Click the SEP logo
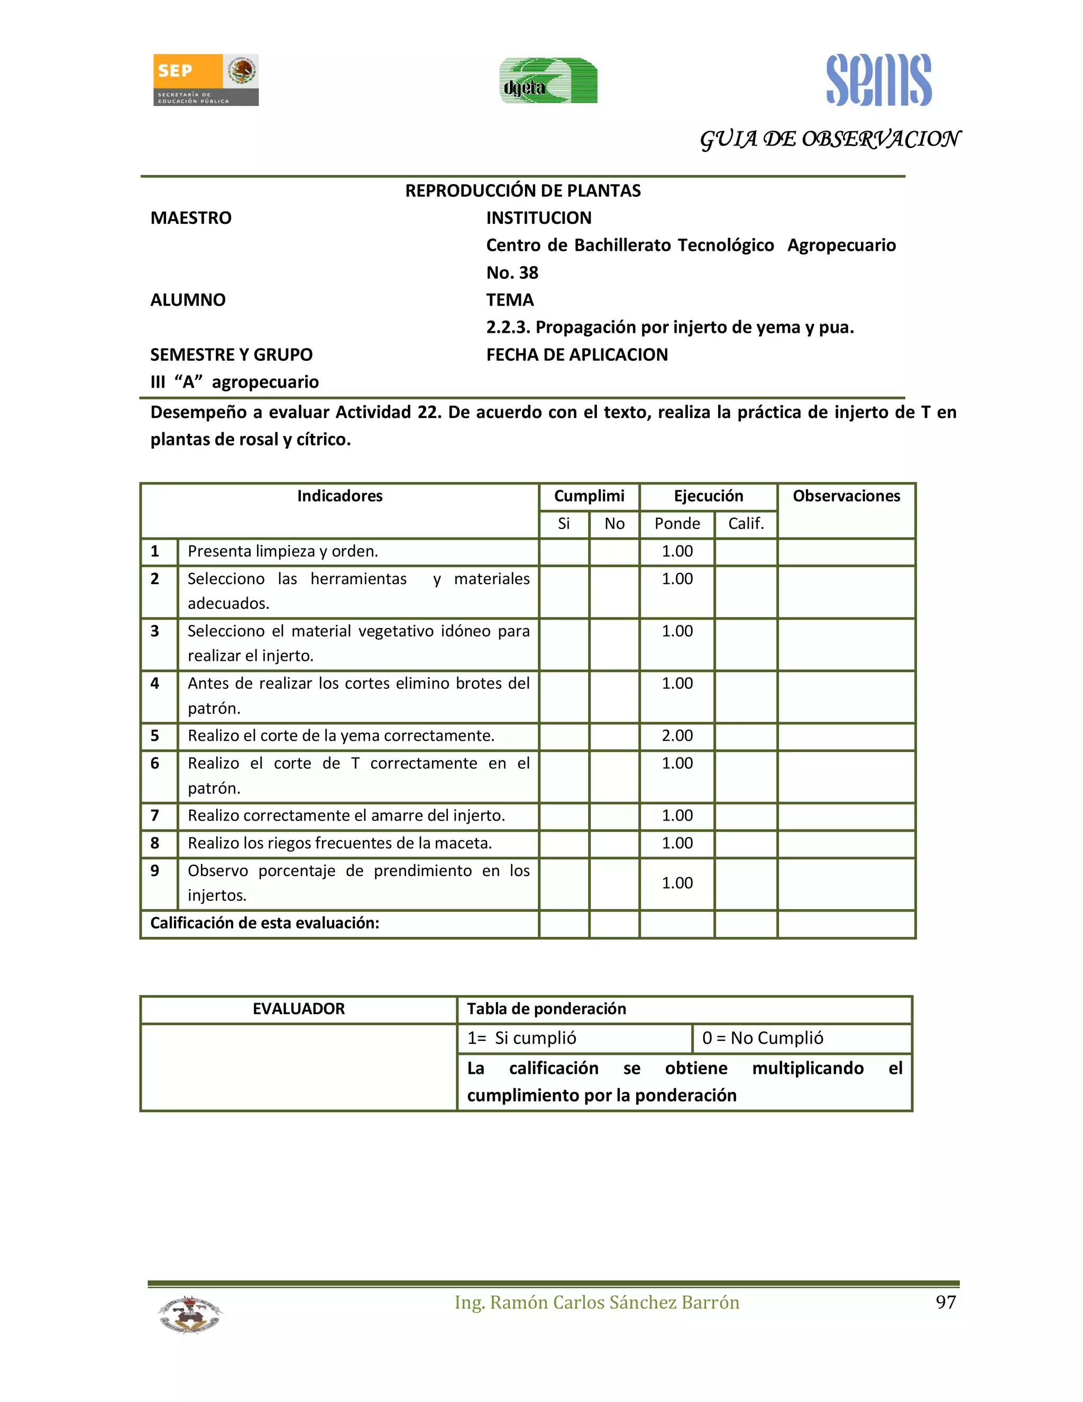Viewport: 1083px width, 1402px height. coord(205,79)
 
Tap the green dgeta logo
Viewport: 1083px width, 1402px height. coord(548,81)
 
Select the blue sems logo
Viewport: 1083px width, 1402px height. coord(878,80)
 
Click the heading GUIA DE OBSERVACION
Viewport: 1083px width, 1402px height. coord(829,139)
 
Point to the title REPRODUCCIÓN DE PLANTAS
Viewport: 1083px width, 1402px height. coord(522,190)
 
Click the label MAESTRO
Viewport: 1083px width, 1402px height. coord(190,219)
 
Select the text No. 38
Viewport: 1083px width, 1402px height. coord(512,273)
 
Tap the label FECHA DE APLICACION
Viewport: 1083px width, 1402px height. coord(577,355)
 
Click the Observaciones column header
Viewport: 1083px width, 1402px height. coord(846,496)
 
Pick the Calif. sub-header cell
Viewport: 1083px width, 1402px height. coord(746,524)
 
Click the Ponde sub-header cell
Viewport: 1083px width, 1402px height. coord(677,524)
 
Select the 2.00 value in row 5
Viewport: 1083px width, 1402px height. coord(677,736)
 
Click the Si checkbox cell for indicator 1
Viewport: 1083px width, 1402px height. coord(563,551)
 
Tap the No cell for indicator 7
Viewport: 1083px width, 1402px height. coord(614,816)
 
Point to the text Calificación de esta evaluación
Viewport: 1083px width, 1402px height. coord(264,923)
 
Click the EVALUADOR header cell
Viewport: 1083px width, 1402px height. coord(298,1009)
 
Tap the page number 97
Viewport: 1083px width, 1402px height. coord(945,1303)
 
